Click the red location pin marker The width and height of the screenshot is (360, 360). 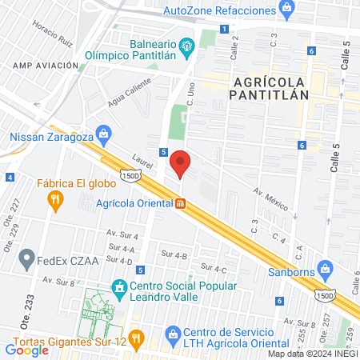click(x=181, y=162)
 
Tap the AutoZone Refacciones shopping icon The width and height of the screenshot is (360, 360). click(x=286, y=10)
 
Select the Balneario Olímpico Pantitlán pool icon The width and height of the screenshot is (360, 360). click(x=187, y=46)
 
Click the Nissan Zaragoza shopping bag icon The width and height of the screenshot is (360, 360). click(x=102, y=133)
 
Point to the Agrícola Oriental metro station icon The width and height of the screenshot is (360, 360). click(x=182, y=203)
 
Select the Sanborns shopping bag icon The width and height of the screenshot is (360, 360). click(x=325, y=267)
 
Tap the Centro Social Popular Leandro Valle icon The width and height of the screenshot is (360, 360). click(x=119, y=286)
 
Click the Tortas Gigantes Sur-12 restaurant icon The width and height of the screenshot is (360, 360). click(x=137, y=341)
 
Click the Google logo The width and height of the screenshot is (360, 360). click(x=26, y=350)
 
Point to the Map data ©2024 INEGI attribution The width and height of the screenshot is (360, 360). click(x=311, y=354)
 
